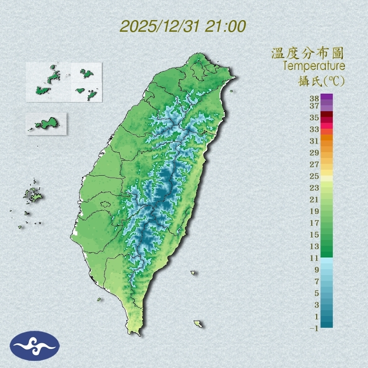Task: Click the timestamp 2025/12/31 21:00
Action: point(183,26)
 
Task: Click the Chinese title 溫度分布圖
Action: point(307,54)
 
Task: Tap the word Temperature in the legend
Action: point(314,66)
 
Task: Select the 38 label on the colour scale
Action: point(314,99)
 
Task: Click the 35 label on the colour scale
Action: point(314,118)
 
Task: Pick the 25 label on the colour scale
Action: point(314,176)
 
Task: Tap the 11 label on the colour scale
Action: point(314,258)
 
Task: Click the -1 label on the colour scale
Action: point(314,328)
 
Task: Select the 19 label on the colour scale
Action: point(314,211)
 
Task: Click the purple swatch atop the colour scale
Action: point(327,97)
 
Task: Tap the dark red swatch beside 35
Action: point(327,115)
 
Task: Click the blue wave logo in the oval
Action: point(35,346)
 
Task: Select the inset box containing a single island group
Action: point(46,123)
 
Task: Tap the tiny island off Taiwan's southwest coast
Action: point(99,299)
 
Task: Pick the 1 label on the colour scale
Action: point(317,317)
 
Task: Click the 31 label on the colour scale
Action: point(314,141)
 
